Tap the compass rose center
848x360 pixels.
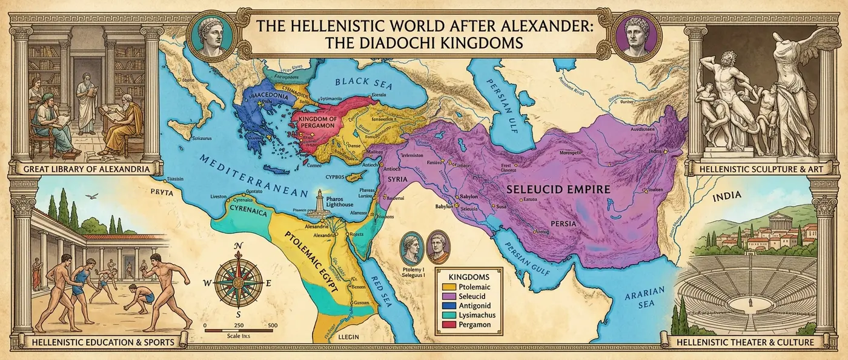click(238, 280)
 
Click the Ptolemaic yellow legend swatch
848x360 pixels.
click(448, 285)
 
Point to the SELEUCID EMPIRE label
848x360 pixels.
click(558, 189)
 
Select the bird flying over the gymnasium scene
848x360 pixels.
click(91, 196)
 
